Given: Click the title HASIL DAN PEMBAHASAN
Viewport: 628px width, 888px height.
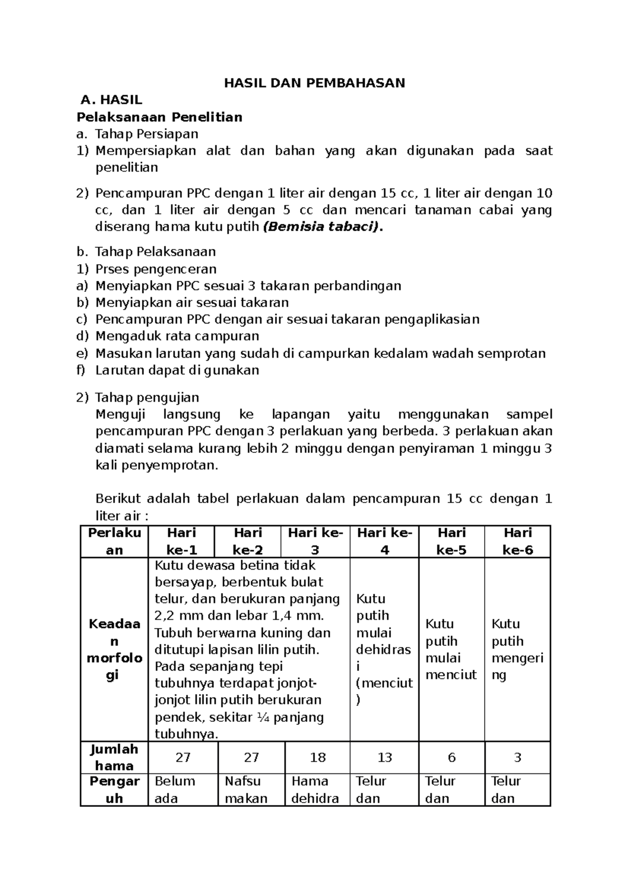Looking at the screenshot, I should pyautogui.click(x=315, y=83).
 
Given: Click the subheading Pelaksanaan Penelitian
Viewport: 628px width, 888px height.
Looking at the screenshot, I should pyautogui.click(x=160, y=117).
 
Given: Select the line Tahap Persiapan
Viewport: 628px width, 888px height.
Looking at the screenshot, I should pyautogui.click(x=147, y=134).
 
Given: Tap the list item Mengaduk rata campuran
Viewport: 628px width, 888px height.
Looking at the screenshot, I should pyautogui.click(x=177, y=336).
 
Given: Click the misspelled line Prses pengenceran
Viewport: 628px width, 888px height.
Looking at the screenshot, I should pyautogui.click(x=156, y=269).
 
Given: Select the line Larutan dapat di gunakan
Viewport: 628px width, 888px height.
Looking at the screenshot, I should pyautogui.click(x=177, y=370).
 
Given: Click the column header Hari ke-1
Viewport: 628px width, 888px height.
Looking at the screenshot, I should pyautogui.click(x=181, y=541).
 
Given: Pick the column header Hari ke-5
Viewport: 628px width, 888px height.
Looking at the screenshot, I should pyautogui.click(x=451, y=541).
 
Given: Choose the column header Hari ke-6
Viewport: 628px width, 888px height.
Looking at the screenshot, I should pyautogui.click(x=517, y=541).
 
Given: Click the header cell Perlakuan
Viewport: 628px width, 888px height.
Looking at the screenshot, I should pyautogui.click(x=114, y=541).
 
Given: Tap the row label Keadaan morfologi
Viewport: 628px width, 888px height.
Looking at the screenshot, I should pyautogui.click(x=114, y=649).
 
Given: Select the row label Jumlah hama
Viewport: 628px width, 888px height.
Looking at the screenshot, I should pyautogui.click(x=114, y=757).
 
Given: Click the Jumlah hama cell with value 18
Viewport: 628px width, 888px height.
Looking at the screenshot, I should pyautogui.click(x=318, y=758).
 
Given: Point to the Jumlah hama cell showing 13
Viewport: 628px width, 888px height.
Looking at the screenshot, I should pyautogui.click(x=385, y=758).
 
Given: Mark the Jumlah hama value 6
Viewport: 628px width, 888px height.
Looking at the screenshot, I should pyautogui.click(x=451, y=758).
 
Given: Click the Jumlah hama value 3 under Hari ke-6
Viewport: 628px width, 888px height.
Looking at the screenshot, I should pyautogui.click(x=517, y=758).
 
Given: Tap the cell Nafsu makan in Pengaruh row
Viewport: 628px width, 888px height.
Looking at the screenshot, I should pyautogui.click(x=246, y=790).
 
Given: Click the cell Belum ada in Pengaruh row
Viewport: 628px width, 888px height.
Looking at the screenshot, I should pyautogui.click(x=175, y=790).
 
